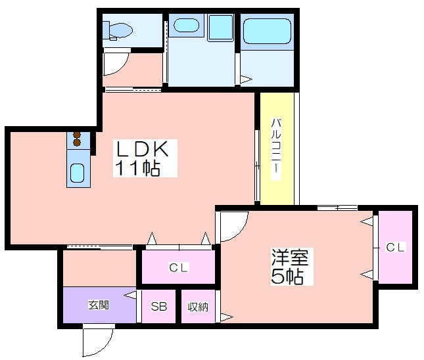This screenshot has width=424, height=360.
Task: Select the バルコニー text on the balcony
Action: click(276, 149)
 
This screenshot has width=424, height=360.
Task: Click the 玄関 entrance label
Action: click(99, 305)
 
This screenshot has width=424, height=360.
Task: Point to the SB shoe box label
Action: click(158, 307)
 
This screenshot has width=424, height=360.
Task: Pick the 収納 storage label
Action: click(198, 307)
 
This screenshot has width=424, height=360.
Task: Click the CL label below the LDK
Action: click(178, 268)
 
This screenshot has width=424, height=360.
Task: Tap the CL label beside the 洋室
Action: click(395, 247)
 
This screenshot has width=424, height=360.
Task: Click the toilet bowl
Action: click(119, 30)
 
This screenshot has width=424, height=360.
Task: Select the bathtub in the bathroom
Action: click(267, 31)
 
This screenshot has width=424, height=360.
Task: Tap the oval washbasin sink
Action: click(186, 26)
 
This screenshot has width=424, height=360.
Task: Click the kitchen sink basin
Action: click(78, 173)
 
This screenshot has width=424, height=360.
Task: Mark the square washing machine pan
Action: click(220, 28)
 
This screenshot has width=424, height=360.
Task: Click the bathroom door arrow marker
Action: click(246, 79)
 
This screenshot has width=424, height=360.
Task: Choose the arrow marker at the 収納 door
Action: click(227, 317)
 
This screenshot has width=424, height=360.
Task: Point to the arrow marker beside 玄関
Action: click(130, 295)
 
